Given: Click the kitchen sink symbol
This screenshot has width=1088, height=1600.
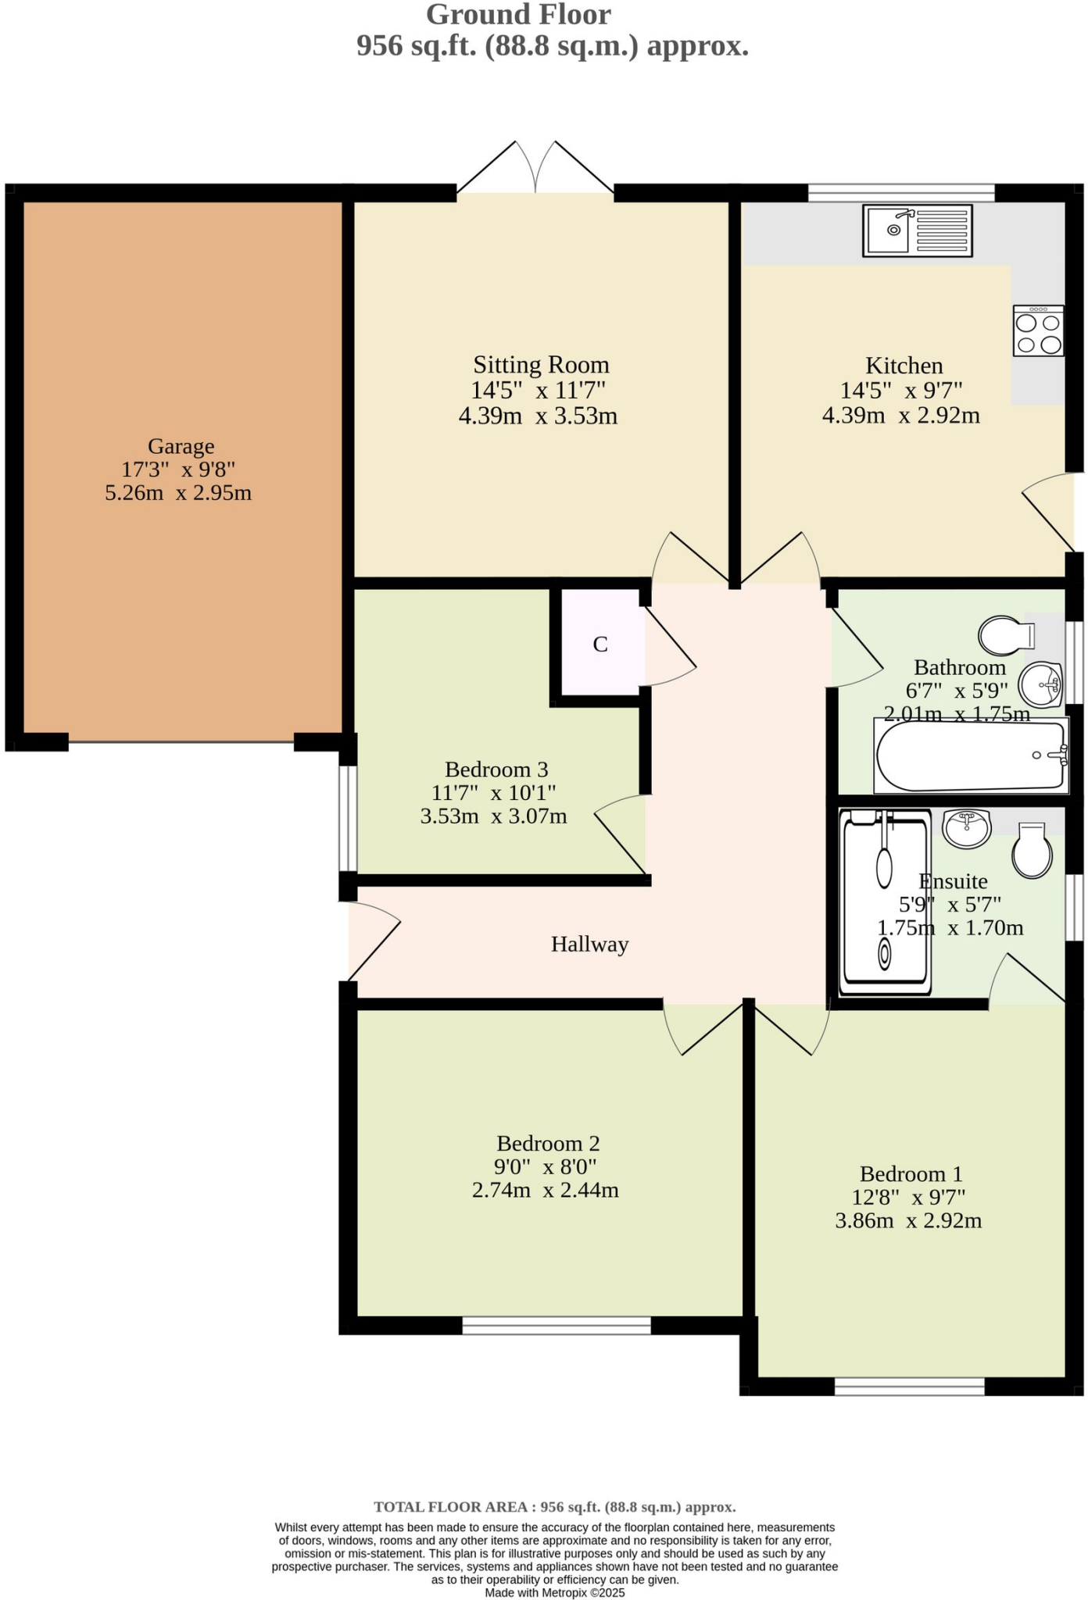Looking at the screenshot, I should [918, 230].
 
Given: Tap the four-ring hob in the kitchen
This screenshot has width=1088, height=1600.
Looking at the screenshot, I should [1038, 331].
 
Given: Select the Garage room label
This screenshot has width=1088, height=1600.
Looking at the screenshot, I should [181, 446].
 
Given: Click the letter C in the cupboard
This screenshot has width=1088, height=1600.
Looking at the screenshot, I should [599, 645].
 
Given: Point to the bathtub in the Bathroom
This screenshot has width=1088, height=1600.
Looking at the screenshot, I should [970, 756].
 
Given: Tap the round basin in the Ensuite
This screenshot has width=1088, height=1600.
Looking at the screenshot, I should [967, 827].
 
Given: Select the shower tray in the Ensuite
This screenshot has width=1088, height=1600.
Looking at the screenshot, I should [885, 902].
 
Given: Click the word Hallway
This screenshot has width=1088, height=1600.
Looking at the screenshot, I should [589, 945].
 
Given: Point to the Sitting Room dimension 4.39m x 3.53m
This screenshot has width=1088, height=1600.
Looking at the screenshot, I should [538, 416].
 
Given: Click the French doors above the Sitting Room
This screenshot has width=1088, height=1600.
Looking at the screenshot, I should [535, 169].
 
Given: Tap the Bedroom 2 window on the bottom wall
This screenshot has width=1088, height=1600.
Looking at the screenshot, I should [556, 1325].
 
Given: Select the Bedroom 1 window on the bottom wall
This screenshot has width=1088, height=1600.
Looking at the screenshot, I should [909, 1387].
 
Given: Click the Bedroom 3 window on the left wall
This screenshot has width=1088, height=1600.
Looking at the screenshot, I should [348, 818].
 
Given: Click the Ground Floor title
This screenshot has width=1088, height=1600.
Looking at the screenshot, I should [518, 14].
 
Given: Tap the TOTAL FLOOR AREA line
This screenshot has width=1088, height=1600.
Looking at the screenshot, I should [554, 1507].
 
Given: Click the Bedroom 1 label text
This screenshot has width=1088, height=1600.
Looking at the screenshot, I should [911, 1174].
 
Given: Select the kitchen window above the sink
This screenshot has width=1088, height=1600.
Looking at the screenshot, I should [900, 192].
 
